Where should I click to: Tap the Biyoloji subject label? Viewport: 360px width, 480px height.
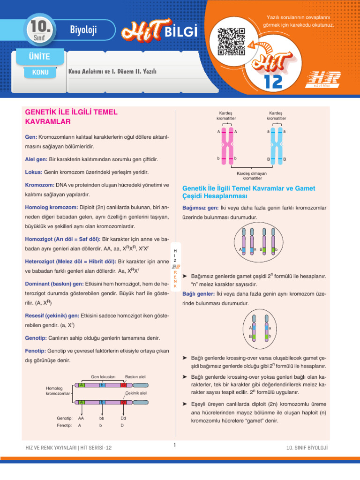click(83, 30)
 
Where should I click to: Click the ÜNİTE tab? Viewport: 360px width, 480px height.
click(39, 57)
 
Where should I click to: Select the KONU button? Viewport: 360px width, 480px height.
click(40, 73)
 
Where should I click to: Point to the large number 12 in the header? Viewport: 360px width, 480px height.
click(273, 82)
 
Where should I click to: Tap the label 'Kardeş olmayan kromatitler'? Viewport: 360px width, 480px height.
click(252, 176)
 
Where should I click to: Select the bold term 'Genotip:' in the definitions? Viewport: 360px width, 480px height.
click(36, 337)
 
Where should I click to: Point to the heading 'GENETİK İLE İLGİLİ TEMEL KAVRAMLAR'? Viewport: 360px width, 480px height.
click(70, 117)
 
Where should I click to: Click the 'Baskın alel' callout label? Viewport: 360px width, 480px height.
click(135, 376)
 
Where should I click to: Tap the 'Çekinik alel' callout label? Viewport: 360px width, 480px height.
click(136, 393)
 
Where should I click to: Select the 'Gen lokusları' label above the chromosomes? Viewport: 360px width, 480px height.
click(103, 376)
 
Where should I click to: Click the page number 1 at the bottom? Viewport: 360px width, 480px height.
click(174, 445)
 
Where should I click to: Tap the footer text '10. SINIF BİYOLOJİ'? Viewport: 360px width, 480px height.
click(307, 448)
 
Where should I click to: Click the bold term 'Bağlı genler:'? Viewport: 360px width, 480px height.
click(198, 294)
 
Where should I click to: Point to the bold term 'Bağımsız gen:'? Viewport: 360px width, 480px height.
click(200, 208)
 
